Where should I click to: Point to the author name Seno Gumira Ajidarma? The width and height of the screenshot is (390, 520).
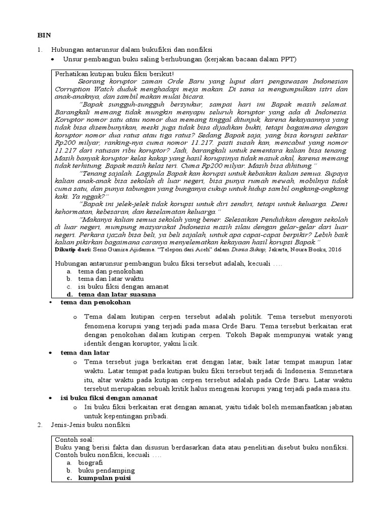(127, 249)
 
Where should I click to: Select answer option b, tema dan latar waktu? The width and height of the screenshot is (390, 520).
(111, 279)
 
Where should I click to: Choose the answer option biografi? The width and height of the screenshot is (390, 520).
(90, 463)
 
